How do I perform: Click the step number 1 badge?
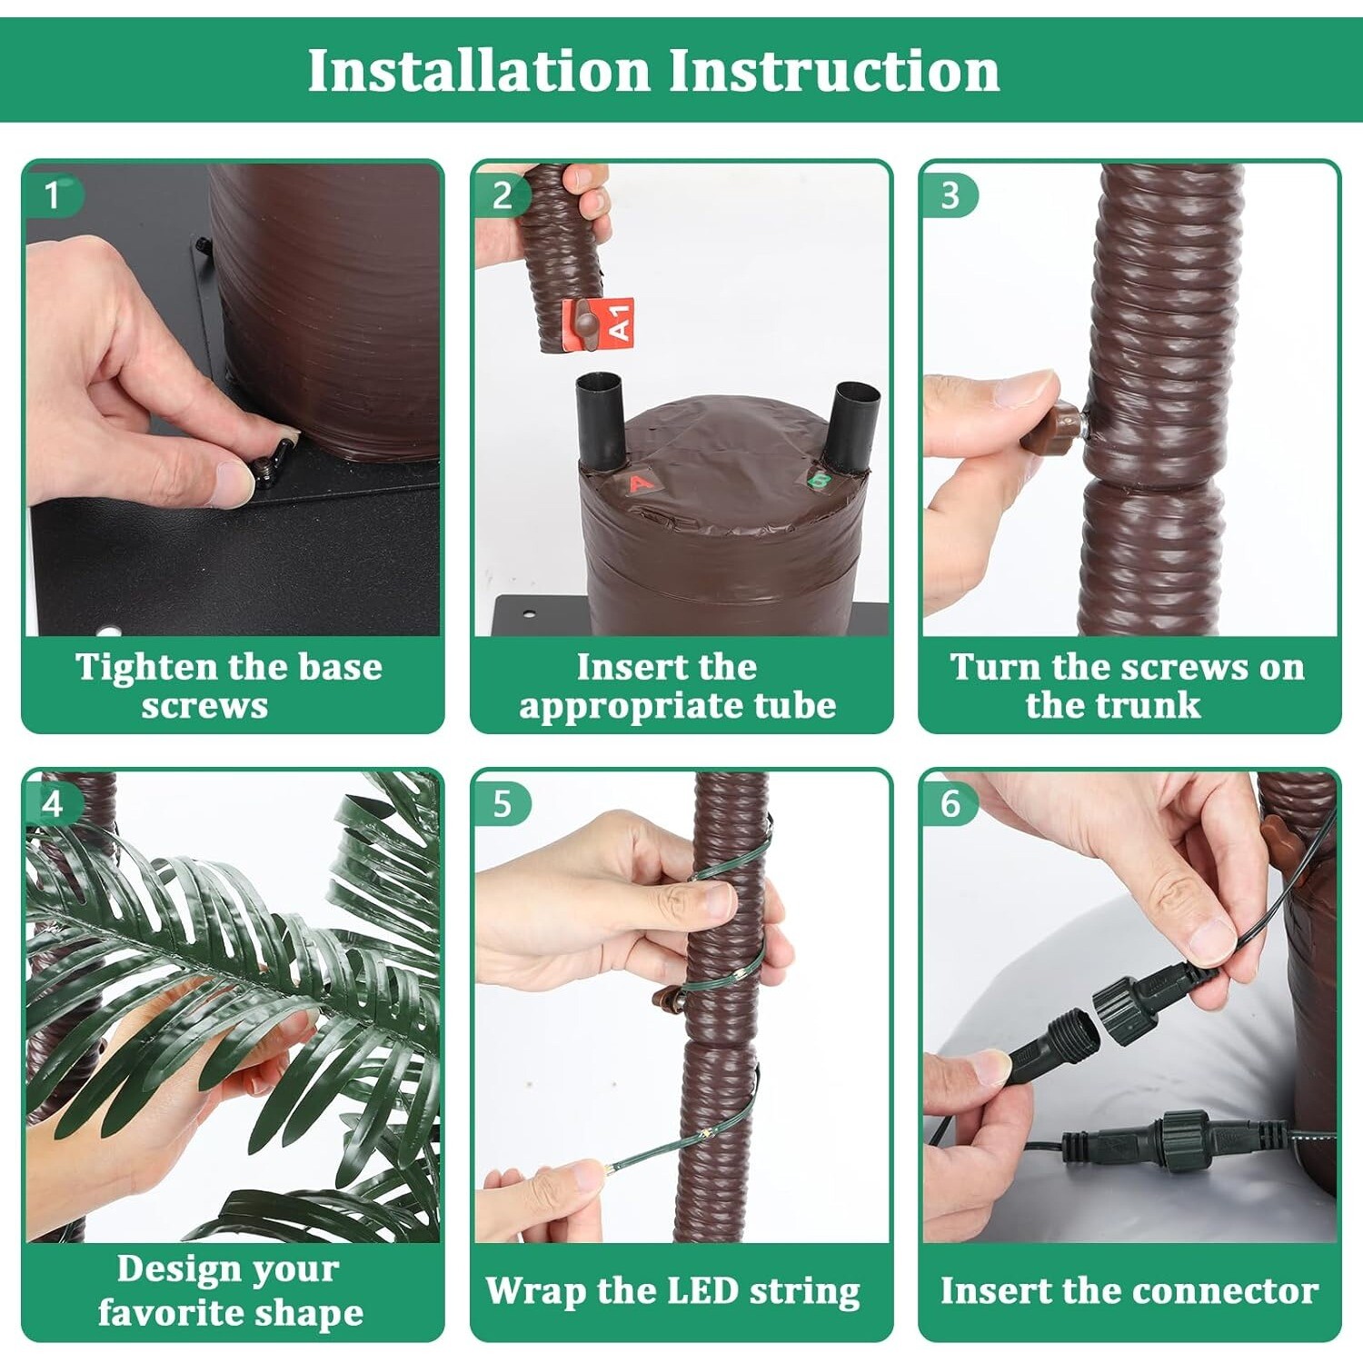tap(53, 195)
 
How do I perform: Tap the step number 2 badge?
tap(502, 195)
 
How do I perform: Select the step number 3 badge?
tap(950, 195)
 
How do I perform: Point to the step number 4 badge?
tap(53, 804)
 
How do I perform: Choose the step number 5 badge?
tap(502, 804)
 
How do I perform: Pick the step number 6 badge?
tap(950, 804)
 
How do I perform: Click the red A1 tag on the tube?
tap(598, 322)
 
